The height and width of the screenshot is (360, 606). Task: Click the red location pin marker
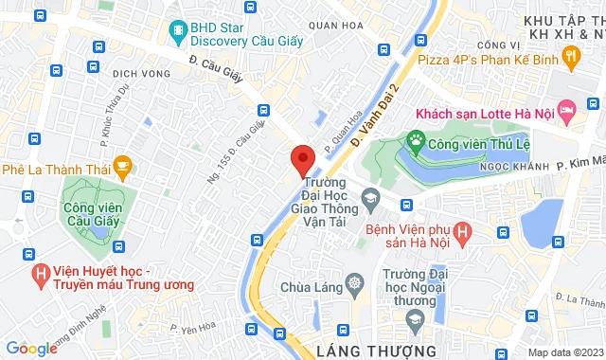[x=302, y=159]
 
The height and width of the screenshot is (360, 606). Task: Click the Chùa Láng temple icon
[x=355, y=282]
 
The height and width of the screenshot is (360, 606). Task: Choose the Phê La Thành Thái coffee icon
[x=122, y=168]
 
